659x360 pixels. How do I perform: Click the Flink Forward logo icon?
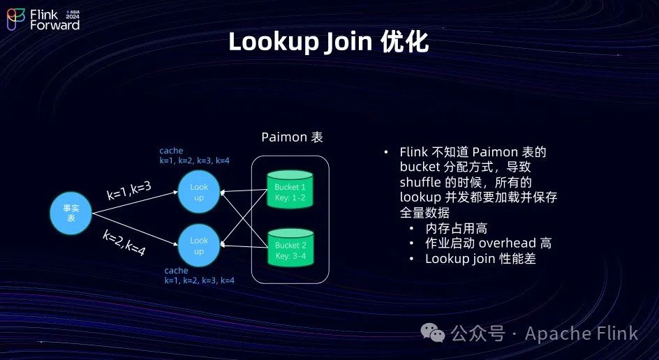point(16,20)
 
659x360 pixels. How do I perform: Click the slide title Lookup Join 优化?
point(328,42)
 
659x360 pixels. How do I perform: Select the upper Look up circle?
point(199,191)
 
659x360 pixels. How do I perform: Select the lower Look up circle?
point(199,246)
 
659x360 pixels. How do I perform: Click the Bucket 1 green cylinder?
point(290,189)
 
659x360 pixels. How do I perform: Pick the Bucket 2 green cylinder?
point(290,247)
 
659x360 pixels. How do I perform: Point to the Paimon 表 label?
point(292,137)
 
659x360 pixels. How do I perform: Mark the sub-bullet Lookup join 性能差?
point(480,259)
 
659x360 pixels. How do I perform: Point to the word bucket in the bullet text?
point(420,167)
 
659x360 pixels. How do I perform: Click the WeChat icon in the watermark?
point(436,333)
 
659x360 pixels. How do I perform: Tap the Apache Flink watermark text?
point(581,333)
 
